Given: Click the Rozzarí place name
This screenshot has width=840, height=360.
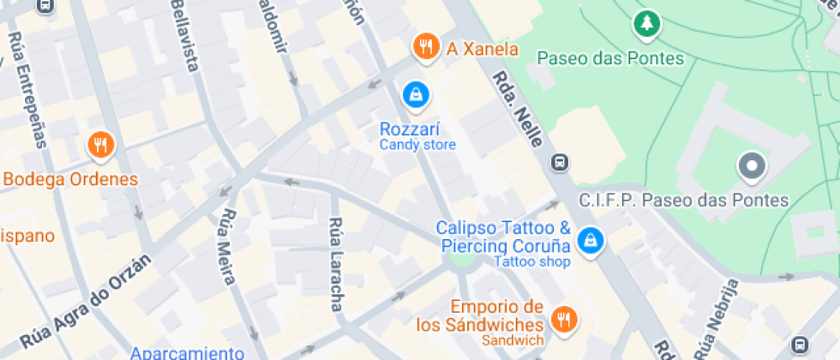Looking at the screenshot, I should (410, 129).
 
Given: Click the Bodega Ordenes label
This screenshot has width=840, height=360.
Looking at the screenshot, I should (70, 180).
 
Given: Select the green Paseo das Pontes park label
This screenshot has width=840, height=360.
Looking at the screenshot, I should (610, 58).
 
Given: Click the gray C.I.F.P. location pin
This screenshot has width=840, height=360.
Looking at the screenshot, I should (752, 165).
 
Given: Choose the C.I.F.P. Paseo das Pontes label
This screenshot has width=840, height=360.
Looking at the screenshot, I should (683, 201).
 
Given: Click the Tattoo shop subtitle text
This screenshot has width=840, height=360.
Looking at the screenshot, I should (532, 261).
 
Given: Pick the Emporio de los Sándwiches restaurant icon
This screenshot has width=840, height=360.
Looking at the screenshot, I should (564, 320).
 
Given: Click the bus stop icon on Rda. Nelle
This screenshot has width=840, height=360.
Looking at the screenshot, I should (560, 161).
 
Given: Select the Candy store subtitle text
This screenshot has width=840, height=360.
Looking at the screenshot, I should (417, 145).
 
